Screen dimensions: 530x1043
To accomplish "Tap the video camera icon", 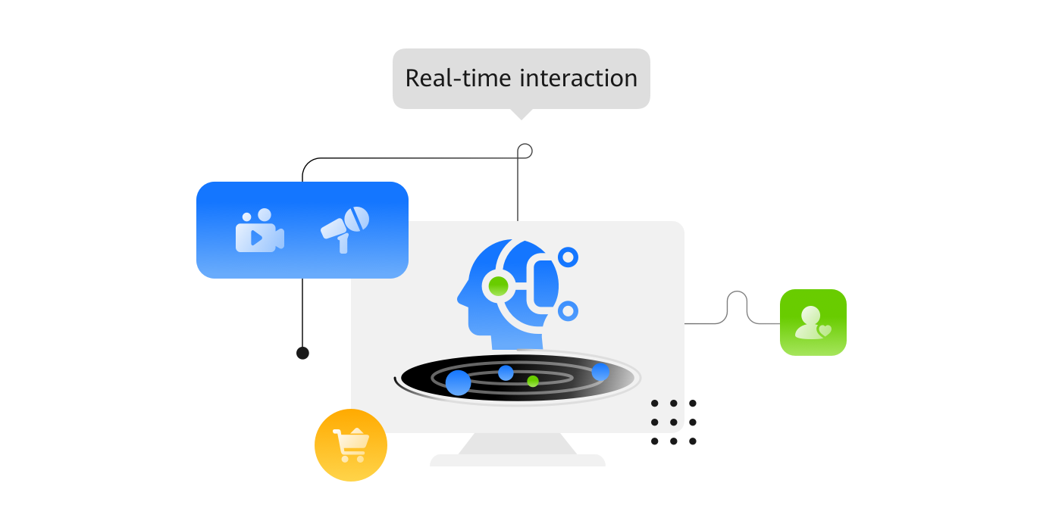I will [x=259, y=231].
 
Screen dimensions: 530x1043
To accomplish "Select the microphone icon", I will [x=346, y=228].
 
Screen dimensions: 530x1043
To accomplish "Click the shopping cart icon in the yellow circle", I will [x=351, y=445].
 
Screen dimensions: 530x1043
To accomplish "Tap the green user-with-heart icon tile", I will [x=813, y=322].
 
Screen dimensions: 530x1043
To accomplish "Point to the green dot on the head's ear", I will [x=498, y=285].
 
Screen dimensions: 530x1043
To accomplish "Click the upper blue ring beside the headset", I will [x=568, y=257].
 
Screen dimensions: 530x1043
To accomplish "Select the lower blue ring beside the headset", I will [x=568, y=310].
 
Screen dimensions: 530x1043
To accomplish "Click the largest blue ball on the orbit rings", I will [x=458, y=382].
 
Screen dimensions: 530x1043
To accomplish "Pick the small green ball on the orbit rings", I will [x=533, y=381].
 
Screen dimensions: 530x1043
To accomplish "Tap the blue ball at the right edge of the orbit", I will [x=600, y=372].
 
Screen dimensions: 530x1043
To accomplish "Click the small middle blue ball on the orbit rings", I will [x=506, y=373].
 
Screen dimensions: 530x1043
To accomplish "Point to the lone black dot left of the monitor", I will [x=302, y=353].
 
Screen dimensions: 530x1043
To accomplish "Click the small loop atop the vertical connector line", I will [x=525, y=151].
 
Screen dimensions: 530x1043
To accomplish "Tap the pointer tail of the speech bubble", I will [x=521, y=114].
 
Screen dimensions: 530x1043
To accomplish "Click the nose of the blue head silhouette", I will [x=460, y=298].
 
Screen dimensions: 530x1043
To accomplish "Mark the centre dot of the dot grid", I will [x=673, y=422].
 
